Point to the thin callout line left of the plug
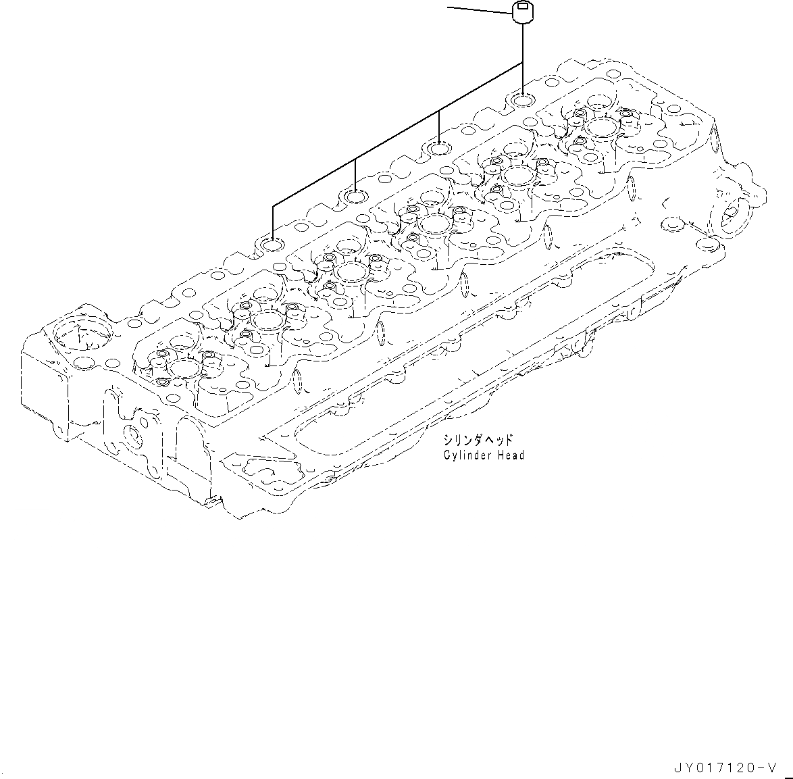pos(480,9)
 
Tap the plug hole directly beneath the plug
pos(523,101)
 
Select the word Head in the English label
pos(511,455)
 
